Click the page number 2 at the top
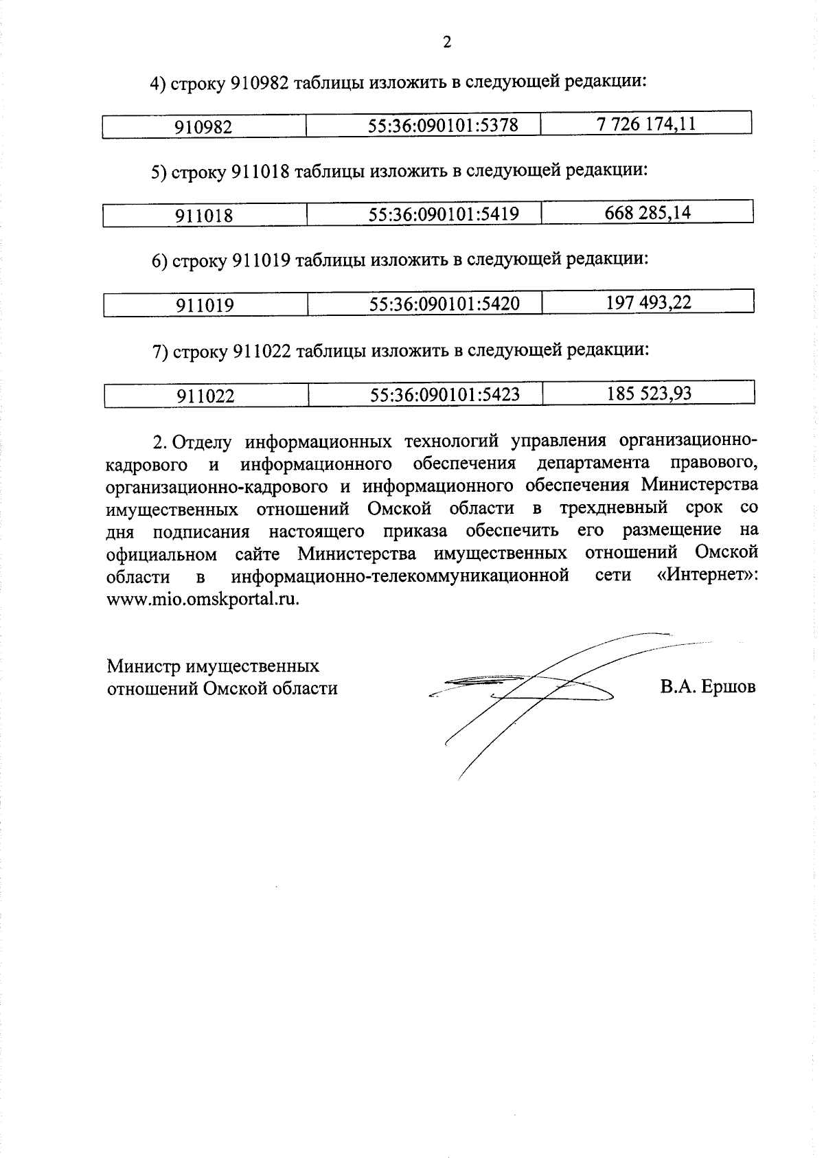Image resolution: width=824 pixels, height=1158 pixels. (x=447, y=43)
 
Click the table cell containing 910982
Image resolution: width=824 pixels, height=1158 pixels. (x=203, y=127)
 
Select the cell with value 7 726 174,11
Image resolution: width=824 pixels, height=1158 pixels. (x=647, y=124)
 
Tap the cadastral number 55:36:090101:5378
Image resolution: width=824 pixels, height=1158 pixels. (x=443, y=126)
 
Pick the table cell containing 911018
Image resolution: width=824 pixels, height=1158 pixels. (x=204, y=216)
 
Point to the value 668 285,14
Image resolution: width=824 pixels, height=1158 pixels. (x=648, y=213)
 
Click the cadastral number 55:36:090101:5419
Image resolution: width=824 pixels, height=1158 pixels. (x=444, y=214)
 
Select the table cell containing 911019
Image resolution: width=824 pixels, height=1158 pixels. (x=205, y=305)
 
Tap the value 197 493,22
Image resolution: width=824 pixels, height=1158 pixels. (x=648, y=303)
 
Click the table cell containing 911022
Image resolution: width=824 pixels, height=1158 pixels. (x=205, y=396)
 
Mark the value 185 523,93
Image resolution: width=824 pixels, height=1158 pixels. (x=649, y=394)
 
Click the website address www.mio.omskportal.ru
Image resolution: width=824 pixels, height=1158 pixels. (x=203, y=599)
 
